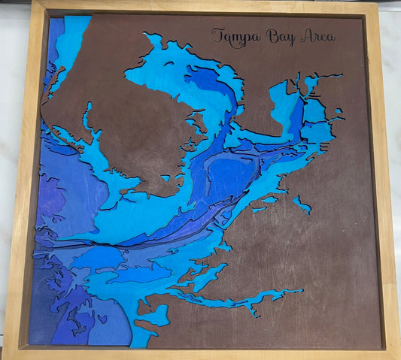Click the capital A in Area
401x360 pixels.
(305, 35)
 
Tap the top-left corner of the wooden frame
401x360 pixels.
(32, 3)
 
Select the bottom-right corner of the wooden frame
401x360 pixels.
(396, 351)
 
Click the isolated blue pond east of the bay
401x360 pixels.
(302, 204)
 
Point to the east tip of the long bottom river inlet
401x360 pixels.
(302, 290)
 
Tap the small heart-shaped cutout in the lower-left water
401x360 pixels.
(102, 318)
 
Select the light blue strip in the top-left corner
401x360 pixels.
(72, 38)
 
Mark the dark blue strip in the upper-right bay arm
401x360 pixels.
(295, 113)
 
